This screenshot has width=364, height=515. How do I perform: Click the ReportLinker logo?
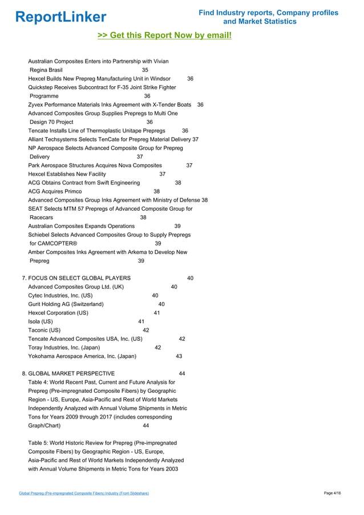tap(60, 17)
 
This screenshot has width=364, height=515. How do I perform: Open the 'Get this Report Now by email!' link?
tap(165, 36)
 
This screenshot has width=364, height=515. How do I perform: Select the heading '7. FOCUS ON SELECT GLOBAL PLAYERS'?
tap(76, 278)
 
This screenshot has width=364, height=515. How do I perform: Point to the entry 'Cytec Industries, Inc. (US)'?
tap(60, 296)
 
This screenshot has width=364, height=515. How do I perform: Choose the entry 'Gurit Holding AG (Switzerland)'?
tap(66, 304)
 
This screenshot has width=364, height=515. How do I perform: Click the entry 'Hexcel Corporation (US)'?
tap(58, 313)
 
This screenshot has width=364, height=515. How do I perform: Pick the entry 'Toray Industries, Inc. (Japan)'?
tap(64, 347)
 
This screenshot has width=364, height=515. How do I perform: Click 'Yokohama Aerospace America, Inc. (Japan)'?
tap(82, 356)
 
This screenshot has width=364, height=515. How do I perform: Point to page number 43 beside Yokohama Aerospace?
tap(179, 356)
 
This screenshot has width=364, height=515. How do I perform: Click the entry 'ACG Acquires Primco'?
tap(55, 191)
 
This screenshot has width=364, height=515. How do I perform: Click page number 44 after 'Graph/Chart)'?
tap(146, 425)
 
